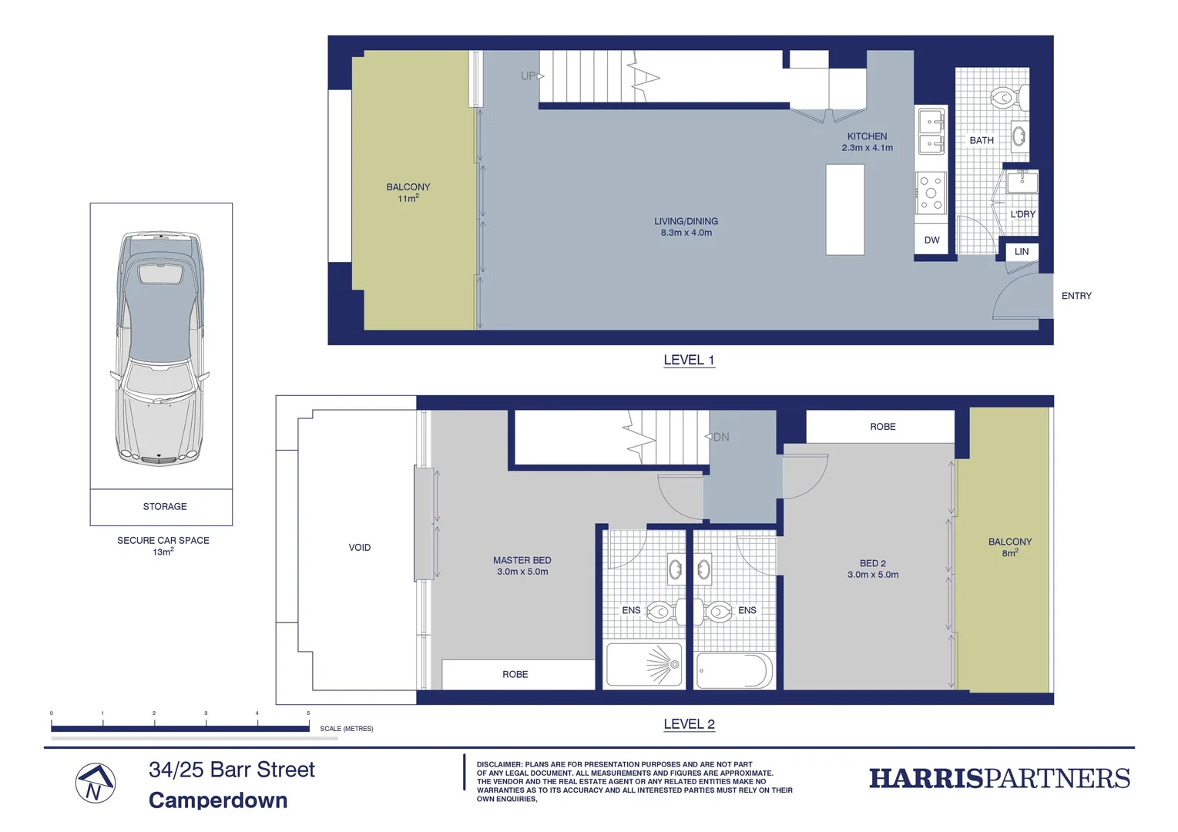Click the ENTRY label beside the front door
point(1076,296)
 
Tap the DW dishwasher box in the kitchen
point(931,240)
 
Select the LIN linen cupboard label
point(1021,252)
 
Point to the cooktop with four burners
point(931,193)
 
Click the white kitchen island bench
point(844,209)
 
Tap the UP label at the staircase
point(529,75)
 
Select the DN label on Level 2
point(720,437)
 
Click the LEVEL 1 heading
point(689,360)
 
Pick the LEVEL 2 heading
point(689,724)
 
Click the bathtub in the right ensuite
point(733,670)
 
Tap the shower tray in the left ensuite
point(644,664)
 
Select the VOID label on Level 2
point(360,548)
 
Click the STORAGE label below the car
point(165,506)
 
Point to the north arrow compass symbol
point(95,783)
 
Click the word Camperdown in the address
point(218,800)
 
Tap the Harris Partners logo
point(999,778)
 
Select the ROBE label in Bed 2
point(882,427)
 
